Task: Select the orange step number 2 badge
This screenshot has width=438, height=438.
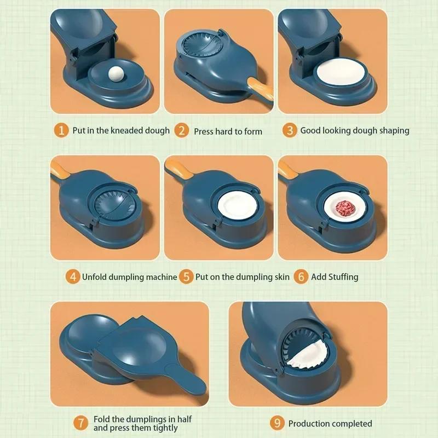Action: (x=181, y=131)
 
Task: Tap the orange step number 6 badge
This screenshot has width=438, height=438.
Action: (x=300, y=276)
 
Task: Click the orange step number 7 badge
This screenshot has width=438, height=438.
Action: (x=81, y=423)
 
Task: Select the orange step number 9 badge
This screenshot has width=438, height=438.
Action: (x=277, y=423)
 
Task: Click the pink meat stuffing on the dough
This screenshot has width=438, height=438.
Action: (x=343, y=209)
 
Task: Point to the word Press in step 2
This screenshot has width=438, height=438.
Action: (x=205, y=131)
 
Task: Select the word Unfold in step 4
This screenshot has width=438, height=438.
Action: (x=95, y=276)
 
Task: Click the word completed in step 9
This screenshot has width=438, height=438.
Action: (x=350, y=423)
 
